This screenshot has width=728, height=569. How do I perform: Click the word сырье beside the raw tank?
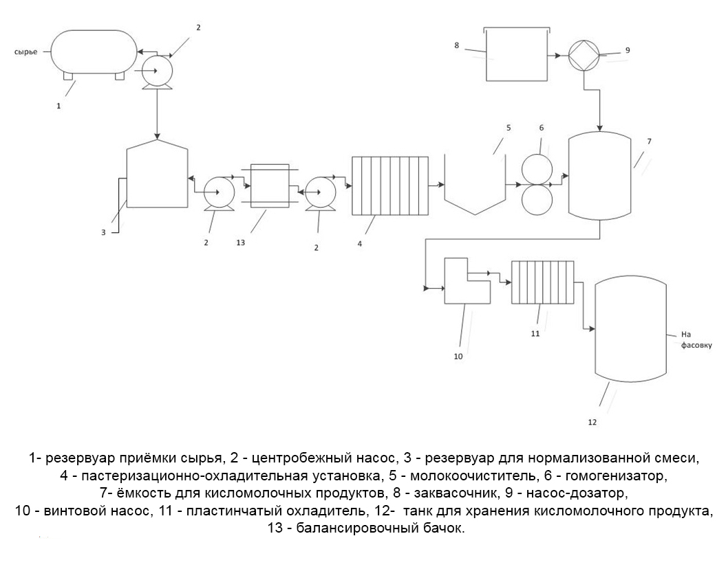point(25,52)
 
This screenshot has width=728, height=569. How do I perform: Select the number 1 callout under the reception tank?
point(58,106)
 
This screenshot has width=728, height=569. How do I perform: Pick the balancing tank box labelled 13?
point(269,186)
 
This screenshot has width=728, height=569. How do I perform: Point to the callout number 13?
point(241,243)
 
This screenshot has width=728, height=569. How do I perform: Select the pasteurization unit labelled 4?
point(390,186)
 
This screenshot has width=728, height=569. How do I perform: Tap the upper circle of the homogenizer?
point(537,169)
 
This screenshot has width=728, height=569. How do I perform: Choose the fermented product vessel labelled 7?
point(600,175)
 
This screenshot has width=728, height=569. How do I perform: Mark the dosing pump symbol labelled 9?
point(585,56)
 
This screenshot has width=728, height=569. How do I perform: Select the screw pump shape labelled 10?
point(467,281)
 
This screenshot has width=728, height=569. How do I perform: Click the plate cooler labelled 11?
point(543,282)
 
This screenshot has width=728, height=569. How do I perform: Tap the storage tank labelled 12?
point(631,330)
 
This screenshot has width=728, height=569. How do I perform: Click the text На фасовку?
point(696,339)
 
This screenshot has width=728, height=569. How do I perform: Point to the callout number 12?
point(592,422)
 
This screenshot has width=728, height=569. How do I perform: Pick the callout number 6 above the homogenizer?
point(542,128)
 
